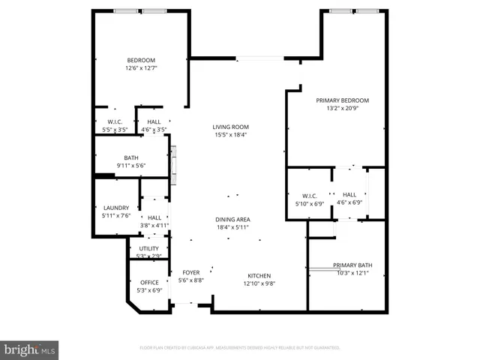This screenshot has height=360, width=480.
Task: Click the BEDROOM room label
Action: pos(140,60)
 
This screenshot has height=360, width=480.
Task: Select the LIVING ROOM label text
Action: pos(230,127)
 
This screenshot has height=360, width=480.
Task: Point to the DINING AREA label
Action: pos(232,218)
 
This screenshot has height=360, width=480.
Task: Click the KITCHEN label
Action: pos(259,275)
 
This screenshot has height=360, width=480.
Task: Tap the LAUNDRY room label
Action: pos(115,208)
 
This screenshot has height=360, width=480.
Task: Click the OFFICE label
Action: pos(149,282)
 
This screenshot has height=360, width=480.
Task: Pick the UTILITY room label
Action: pos(149,248)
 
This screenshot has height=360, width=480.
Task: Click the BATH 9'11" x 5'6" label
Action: pos(130,157)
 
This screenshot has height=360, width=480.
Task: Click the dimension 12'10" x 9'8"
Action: pos(259,283)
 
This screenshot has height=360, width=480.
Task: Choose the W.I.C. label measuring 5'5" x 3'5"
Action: pos(115,121)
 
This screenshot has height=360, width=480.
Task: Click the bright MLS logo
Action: pos(30,349)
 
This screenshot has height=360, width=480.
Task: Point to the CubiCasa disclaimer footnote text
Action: pos(240,348)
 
